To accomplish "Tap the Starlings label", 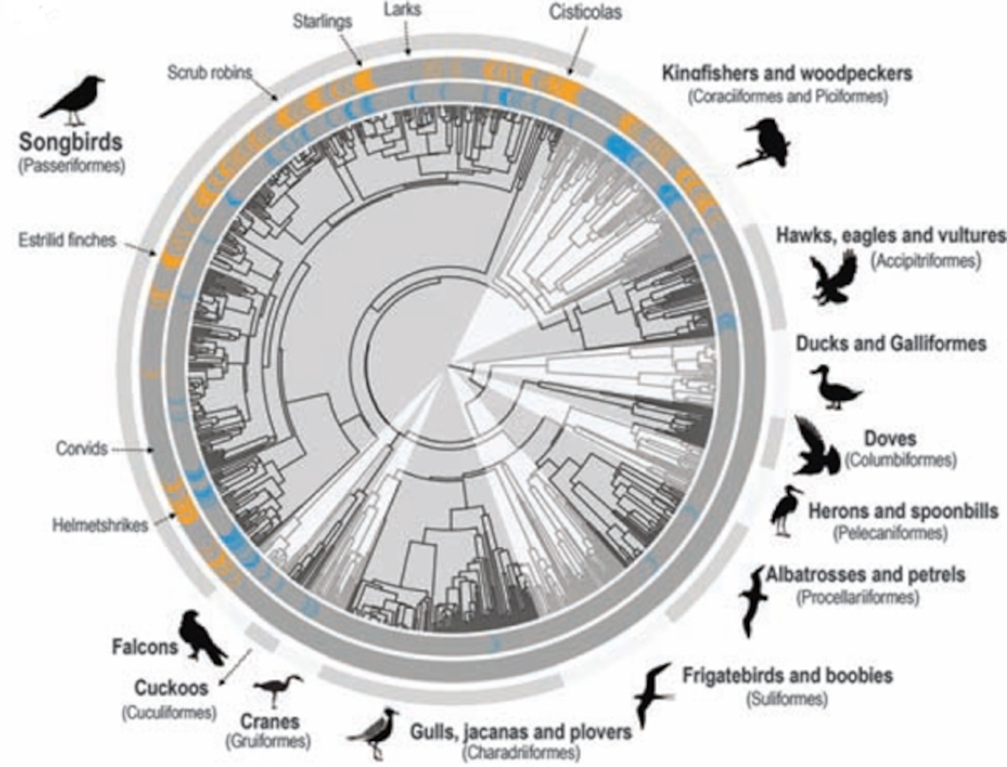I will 322,21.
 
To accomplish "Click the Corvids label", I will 82,449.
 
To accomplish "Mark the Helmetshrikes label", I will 100,525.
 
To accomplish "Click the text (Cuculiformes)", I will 169,713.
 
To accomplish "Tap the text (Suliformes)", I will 786,699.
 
